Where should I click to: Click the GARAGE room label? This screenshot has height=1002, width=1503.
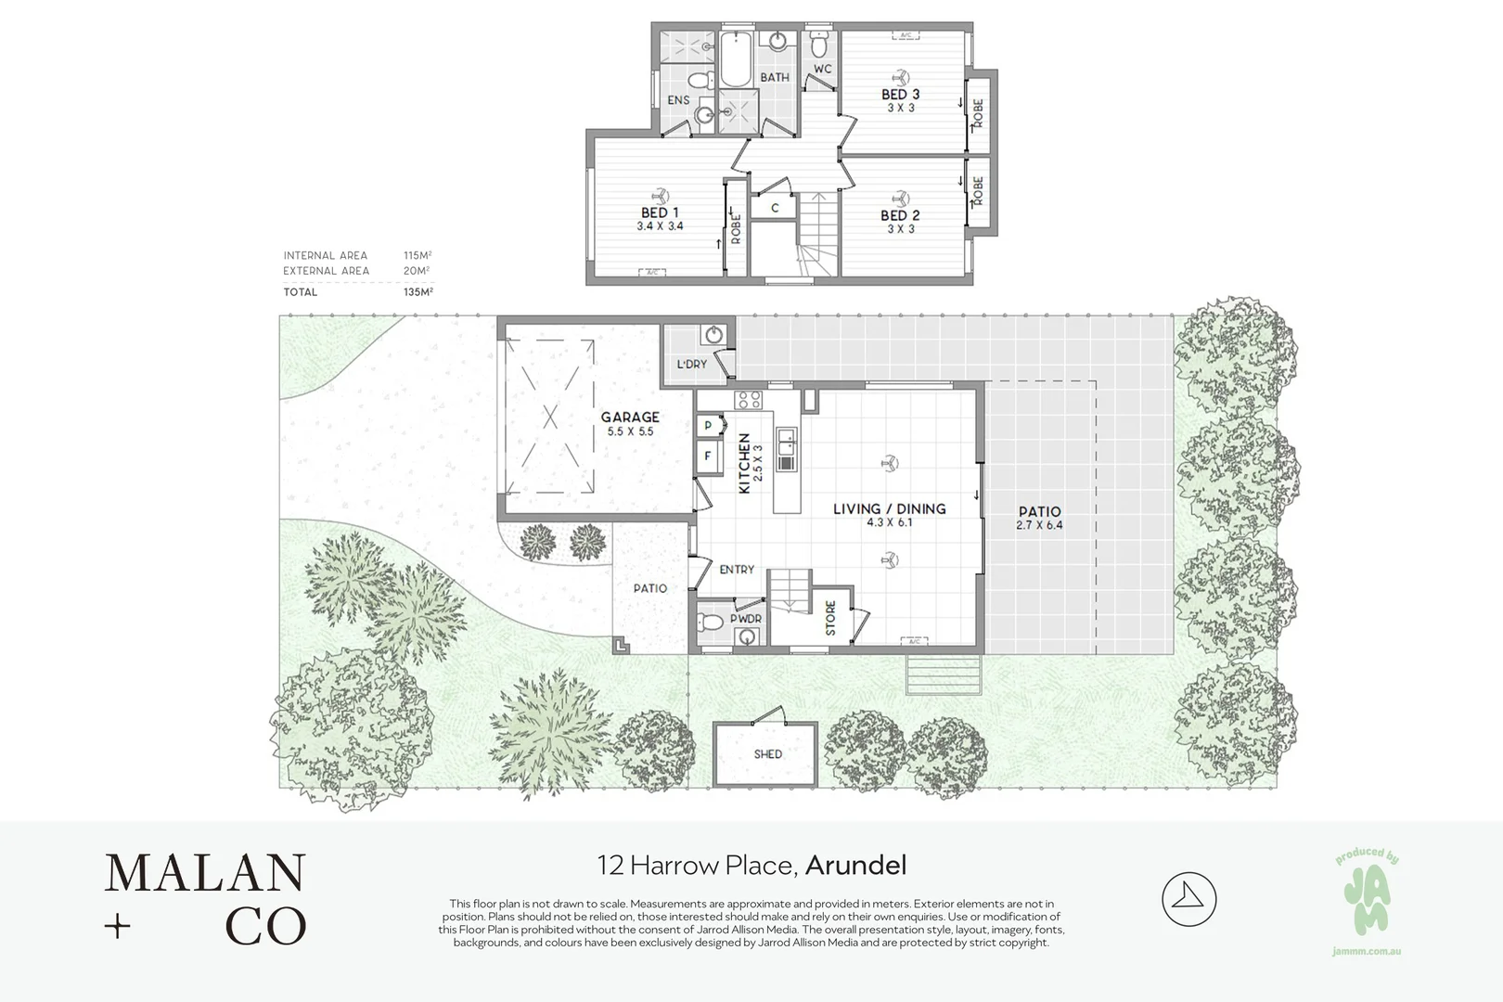pyautogui.click(x=630, y=417)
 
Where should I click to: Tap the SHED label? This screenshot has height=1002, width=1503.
pyautogui.click(x=767, y=754)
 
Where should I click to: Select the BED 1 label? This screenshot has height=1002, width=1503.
pyautogui.click(x=660, y=212)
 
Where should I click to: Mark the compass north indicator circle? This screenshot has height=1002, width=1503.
pyautogui.click(x=1188, y=898)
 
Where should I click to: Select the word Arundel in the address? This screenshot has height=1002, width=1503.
pyautogui.click(x=855, y=866)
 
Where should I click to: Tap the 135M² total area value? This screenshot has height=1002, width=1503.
pyautogui.click(x=417, y=291)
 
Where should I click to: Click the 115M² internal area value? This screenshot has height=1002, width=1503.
pyautogui.click(x=417, y=255)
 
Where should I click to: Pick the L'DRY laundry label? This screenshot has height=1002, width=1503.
pyautogui.click(x=691, y=364)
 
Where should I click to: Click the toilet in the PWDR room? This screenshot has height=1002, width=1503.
pyautogui.click(x=712, y=622)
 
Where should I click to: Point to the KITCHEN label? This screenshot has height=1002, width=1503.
pyautogui.click(x=744, y=463)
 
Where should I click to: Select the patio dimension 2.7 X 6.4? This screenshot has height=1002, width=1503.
pyautogui.click(x=1039, y=525)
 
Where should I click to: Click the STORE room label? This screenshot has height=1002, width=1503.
pyautogui.click(x=830, y=618)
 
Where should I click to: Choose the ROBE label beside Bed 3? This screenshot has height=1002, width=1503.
pyautogui.click(x=978, y=114)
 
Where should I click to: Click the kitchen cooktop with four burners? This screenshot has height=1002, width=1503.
pyautogui.click(x=748, y=401)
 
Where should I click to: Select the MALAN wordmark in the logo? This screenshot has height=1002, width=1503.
pyautogui.click(x=205, y=873)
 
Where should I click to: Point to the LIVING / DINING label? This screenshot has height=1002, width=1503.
pyautogui.click(x=889, y=508)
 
